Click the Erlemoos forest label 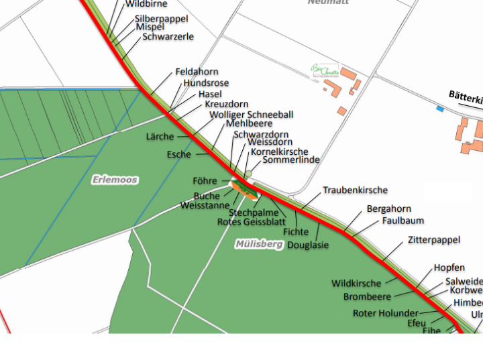[x=115, y=180]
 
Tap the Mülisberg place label [x=259, y=244]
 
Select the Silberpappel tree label [x=161, y=19]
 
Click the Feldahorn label [x=197, y=72]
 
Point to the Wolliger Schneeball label [x=251, y=115]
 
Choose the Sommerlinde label [x=290, y=160]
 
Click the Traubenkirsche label [x=355, y=190]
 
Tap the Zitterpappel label [x=433, y=239]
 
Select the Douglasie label [x=308, y=245]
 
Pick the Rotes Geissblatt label [x=252, y=222]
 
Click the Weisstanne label [x=205, y=206]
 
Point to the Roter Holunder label [x=385, y=313]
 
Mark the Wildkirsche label [x=356, y=284]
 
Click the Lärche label [x=160, y=137]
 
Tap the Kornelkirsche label [x=279, y=152]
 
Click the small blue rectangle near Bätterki [x=440, y=109]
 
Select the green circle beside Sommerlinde [x=248, y=174]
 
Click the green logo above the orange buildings [x=324, y=70]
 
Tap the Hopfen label [x=449, y=268]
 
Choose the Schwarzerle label [x=168, y=37]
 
